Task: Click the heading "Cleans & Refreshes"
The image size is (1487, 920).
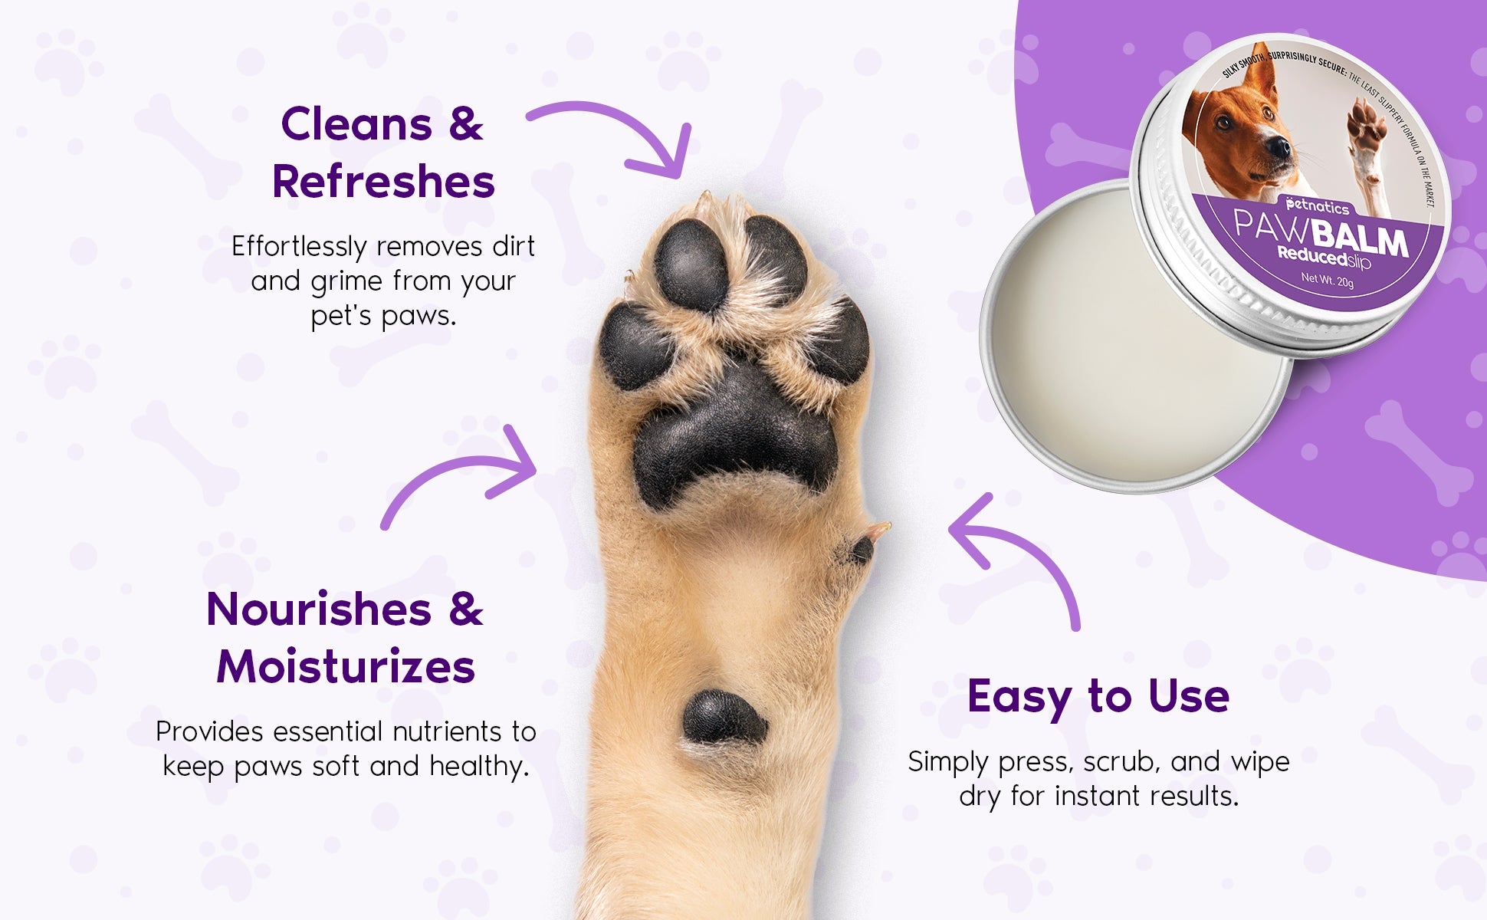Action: tap(383, 153)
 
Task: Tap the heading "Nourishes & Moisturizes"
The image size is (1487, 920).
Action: tap(345, 637)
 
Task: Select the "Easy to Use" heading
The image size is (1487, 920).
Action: tap(1098, 697)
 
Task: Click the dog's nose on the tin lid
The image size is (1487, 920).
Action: tap(1277, 146)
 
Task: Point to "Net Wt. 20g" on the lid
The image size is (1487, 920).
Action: tap(1327, 280)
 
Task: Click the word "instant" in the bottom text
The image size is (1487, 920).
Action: tap(1098, 796)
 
